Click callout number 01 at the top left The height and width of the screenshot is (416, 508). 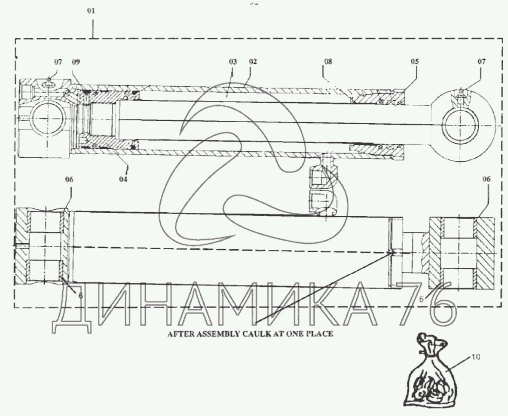[x=91, y=11]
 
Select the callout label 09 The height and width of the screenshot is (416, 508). [x=76, y=62]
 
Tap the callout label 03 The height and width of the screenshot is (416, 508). [x=233, y=61]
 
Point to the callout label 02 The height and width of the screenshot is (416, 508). [x=253, y=61]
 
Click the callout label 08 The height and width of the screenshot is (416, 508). [x=328, y=61]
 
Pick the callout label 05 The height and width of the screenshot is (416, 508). [x=415, y=61]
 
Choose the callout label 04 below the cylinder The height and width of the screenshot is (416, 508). [x=123, y=179]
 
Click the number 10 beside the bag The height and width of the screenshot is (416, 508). [x=476, y=357]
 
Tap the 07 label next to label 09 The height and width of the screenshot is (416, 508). [x=58, y=62]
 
